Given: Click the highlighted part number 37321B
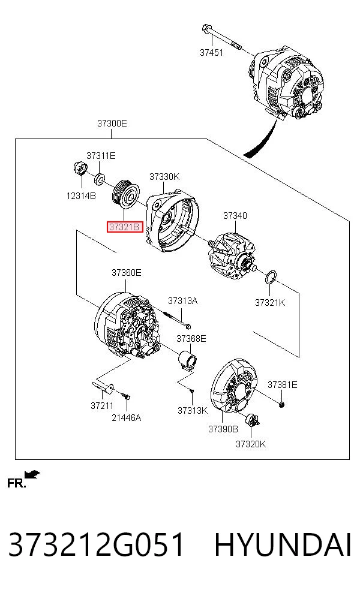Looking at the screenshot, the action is click(125, 227).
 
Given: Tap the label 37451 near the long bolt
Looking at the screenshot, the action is click(211, 53).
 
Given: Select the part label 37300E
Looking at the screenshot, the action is click(112, 123).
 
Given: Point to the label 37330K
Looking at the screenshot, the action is click(164, 176).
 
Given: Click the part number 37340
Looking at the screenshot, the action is click(235, 216).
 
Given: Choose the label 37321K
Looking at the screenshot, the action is click(270, 303).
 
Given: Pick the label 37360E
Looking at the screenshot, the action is click(126, 272).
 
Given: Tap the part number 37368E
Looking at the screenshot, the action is click(191, 339).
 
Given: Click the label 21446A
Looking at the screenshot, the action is click(126, 418).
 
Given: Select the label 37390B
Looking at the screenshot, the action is click(223, 429).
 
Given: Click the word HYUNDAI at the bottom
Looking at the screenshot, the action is click(283, 545).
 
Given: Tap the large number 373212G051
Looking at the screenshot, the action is click(96, 545).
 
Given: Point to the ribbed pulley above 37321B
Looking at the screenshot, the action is click(126, 194).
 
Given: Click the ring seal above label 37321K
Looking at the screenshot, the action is click(271, 278).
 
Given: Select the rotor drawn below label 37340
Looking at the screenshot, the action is click(232, 254).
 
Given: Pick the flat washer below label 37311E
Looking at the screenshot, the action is click(100, 179).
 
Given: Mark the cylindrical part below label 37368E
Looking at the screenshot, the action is click(187, 359).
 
